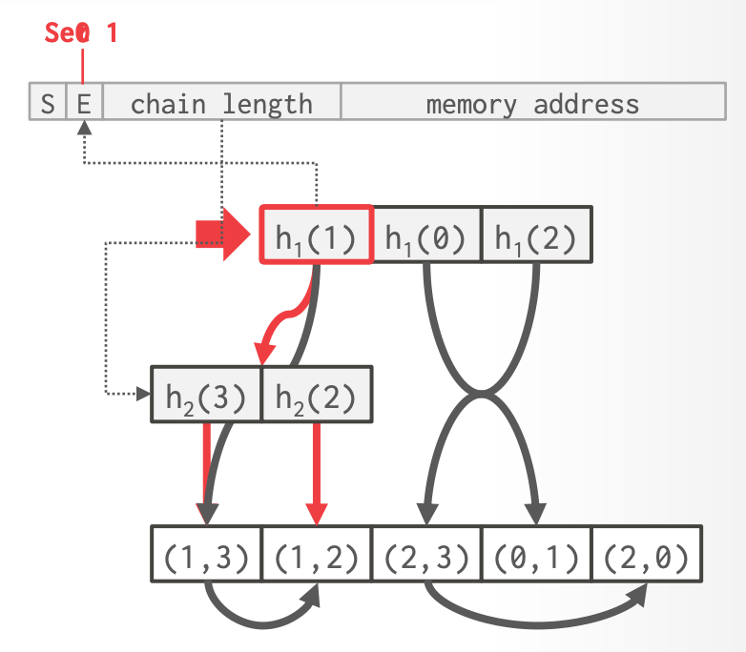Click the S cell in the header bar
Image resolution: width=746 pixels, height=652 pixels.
click(x=48, y=103)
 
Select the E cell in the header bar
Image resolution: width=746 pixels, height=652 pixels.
click(x=84, y=103)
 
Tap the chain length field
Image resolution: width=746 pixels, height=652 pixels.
click(x=221, y=103)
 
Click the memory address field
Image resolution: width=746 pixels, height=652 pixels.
click(x=532, y=103)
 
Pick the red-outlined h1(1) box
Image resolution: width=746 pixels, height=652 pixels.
click(x=316, y=234)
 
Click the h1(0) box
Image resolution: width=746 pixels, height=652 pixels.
click(x=425, y=234)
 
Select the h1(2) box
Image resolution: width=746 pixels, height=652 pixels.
click(x=536, y=234)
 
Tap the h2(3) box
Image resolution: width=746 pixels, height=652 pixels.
click(x=206, y=395)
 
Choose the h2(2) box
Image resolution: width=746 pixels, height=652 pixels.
click(x=316, y=395)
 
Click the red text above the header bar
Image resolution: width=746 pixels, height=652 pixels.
click(x=82, y=33)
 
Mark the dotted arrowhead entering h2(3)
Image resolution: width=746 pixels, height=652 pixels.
click(x=143, y=393)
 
